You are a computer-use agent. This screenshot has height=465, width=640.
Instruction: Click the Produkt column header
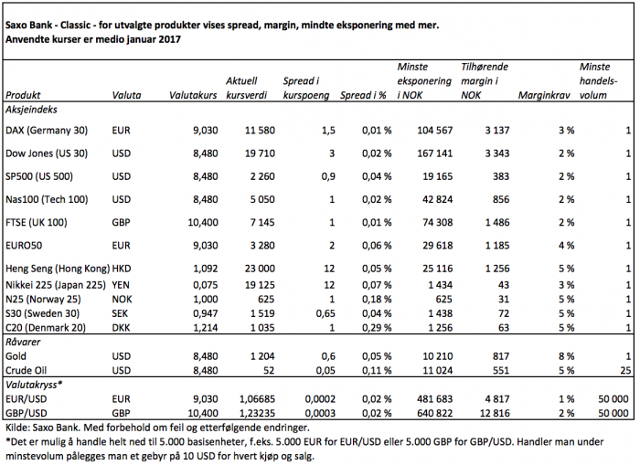coord(23,95)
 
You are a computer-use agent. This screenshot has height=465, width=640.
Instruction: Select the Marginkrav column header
coord(544,95)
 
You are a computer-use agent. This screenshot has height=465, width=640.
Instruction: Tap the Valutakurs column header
coord(193,95)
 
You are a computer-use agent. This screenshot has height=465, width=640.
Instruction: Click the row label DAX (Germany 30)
coord(47,131)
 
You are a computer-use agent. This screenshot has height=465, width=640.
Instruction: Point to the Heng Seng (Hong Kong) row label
coord(58,269)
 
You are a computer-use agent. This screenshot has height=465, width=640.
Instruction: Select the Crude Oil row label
coord(27,370)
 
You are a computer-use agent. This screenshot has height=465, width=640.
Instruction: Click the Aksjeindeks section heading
coord(31,110)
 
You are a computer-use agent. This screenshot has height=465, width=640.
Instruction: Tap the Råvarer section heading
coord(23,342)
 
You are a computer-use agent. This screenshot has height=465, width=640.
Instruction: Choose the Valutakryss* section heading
coord(34,385)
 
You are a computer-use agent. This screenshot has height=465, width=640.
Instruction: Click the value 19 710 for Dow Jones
coord(260,153)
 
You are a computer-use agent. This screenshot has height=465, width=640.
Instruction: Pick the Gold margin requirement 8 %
coord(567,356)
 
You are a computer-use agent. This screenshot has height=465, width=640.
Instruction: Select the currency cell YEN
coord(121,285)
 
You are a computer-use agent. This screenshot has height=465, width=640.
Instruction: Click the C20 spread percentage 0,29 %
coord(377,328)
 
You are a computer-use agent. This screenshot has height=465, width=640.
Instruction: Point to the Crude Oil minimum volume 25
coord(625,370)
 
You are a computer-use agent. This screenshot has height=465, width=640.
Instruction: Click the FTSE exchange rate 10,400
coord(203,223)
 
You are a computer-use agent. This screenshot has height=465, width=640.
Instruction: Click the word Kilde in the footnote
coord(16,428)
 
